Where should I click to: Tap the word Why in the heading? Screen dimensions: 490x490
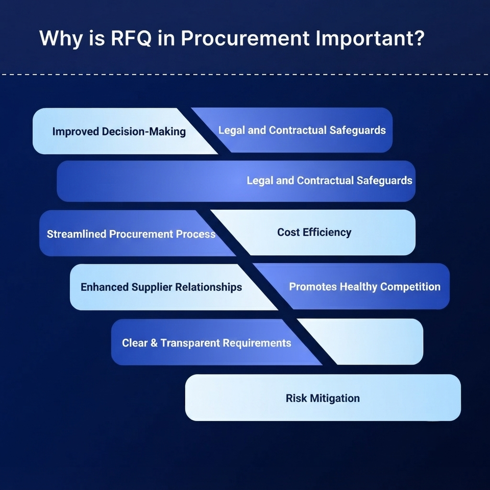point(61,39)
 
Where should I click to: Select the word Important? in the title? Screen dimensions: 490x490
point(370,39)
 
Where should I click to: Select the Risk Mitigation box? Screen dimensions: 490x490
point(323,398)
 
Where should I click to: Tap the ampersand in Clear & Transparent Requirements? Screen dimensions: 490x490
point(154,343)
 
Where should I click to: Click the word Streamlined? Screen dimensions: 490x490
point(76,234)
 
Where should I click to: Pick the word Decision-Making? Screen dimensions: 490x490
point(144,132)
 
